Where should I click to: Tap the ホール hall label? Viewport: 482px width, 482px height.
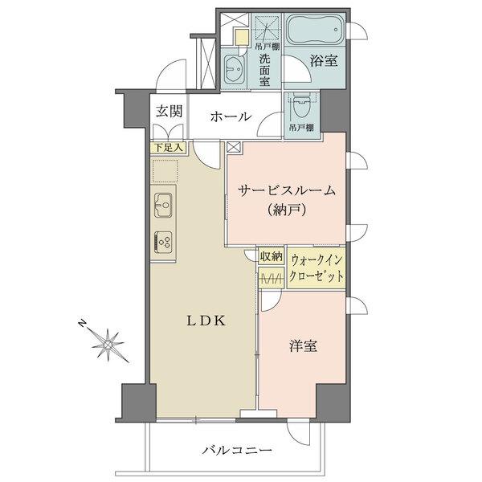pyautogui.click(x=231, y=117)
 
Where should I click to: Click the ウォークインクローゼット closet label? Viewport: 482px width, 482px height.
pyautogui.click(x=317, y=267)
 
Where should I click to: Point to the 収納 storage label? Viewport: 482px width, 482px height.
pyautogui.click(x=271, y=257)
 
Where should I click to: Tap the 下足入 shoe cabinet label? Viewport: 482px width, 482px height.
pyautogui.click(x=169, y=148)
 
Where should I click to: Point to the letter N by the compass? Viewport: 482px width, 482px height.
pyautogui.click(x=82, y=323)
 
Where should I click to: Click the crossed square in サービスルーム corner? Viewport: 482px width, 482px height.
pyautogui.click(x=234, y=147)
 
